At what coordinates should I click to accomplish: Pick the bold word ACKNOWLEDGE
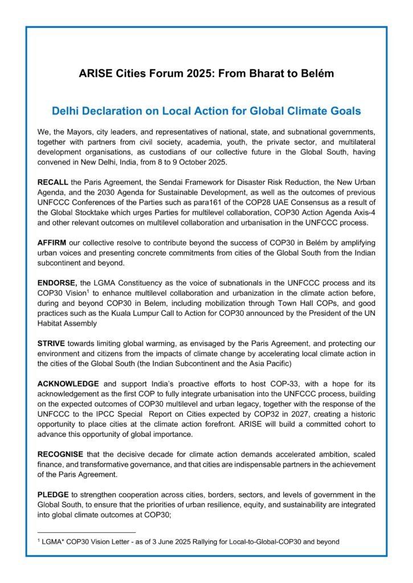pyautogui.click(x=68, y=383)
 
